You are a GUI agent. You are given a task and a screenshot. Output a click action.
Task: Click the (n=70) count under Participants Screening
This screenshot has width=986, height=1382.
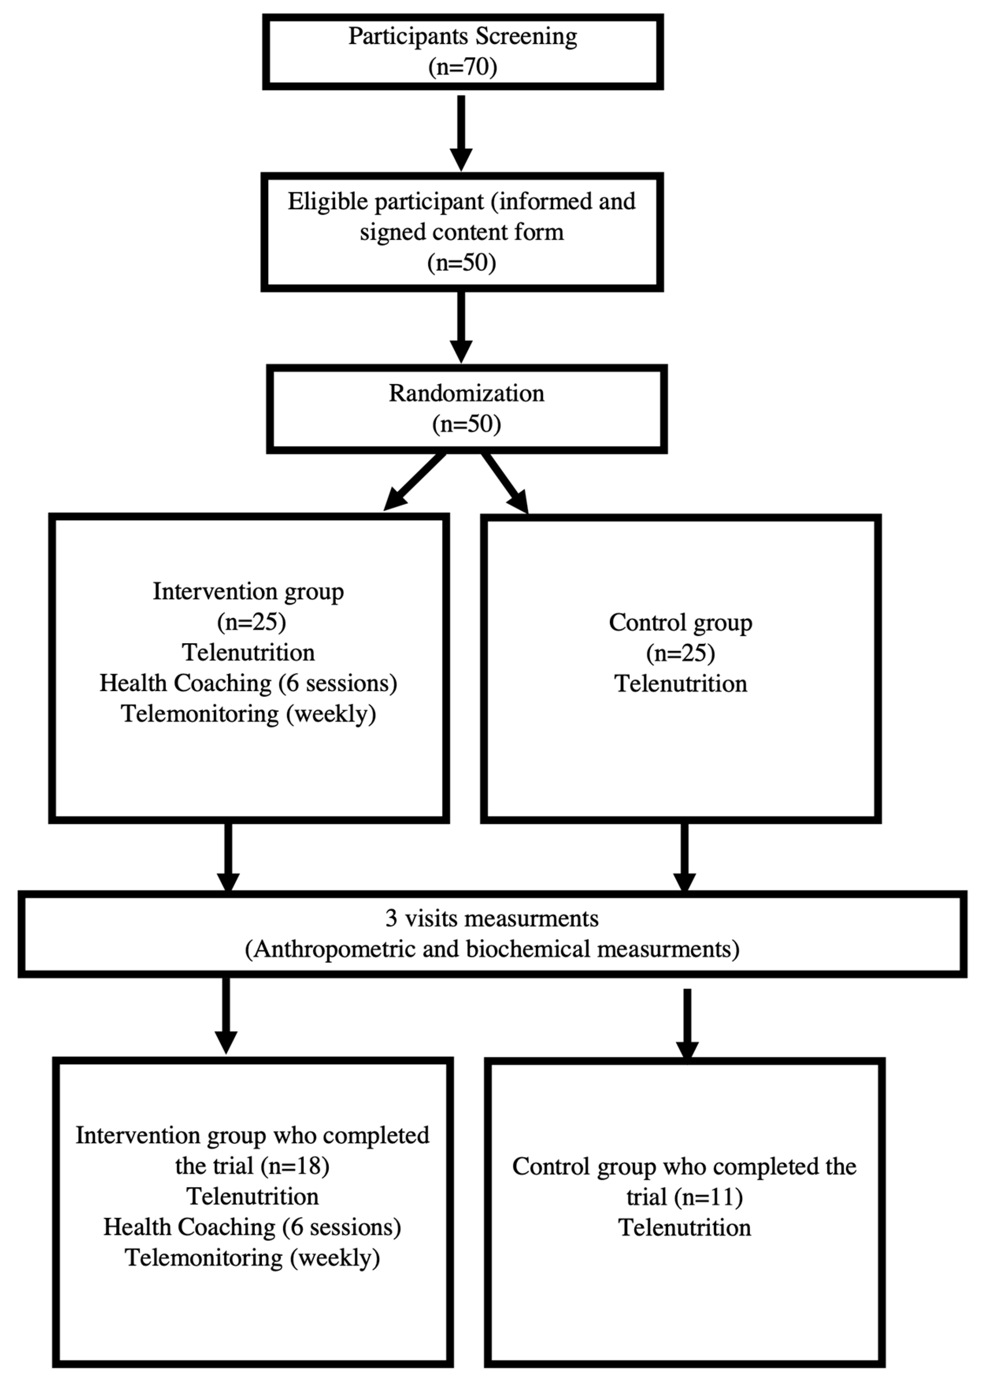tap(463, 67)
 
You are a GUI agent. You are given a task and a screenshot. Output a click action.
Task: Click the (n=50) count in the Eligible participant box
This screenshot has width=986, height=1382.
tap(461, 263)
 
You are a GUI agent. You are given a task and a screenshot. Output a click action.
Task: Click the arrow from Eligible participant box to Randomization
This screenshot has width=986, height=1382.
tap(461, 326)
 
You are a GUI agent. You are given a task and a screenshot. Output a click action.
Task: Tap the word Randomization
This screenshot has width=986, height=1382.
tap(466, 393)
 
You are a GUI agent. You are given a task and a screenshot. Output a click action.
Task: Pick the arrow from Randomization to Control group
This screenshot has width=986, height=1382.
tap(506, 483)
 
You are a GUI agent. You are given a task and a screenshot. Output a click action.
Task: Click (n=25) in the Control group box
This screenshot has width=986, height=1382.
tap(680, 654)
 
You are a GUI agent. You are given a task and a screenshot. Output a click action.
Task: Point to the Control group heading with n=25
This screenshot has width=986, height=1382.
tap(680, 623)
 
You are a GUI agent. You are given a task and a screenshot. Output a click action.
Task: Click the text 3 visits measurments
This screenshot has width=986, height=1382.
tap(492, 919)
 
